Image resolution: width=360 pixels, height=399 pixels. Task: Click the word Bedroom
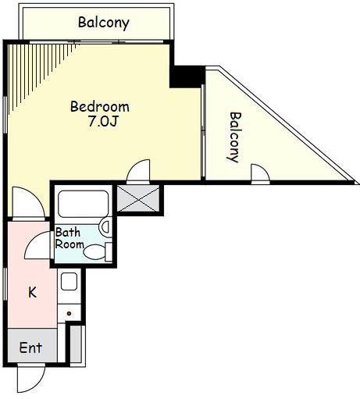coord(100,107)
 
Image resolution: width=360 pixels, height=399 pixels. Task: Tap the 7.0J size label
coord(103,121)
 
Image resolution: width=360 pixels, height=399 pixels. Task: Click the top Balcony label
coord(104,23)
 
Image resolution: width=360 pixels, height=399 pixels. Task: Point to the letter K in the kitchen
coord(32,292)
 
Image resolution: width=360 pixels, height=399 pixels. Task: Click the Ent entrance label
coord(30,347)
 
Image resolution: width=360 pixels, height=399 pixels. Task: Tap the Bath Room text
coord(70,238)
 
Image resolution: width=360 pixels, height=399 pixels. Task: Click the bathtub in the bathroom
coord(84,204)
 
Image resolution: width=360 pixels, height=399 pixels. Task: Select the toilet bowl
coord(94,252)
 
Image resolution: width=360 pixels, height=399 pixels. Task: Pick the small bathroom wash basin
coord(105,227)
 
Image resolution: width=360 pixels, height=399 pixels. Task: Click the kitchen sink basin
coord(69,281)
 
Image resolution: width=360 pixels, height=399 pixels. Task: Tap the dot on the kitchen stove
coord(69,313)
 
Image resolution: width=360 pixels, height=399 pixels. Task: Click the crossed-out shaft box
coord(138,198)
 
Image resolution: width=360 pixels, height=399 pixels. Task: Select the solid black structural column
coord(187,77)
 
